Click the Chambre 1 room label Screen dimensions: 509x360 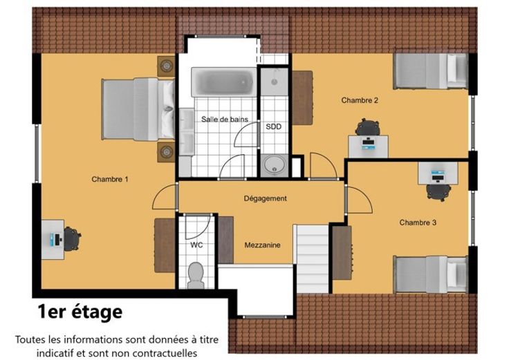click(110, 179)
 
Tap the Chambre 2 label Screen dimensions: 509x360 click(360, 100)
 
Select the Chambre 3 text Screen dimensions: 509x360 click(418, 222)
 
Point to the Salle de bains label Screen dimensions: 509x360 click(225, 119)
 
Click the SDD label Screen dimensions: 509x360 click(274, 126)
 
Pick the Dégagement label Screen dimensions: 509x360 click(265, 198)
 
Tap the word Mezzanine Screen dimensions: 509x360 click(262, 245)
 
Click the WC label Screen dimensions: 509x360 click(196, 245)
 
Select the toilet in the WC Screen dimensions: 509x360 click(196, 275)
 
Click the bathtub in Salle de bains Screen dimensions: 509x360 click(224, 82)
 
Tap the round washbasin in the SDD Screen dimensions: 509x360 click(275, 165)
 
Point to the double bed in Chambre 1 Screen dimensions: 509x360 click(138, 109)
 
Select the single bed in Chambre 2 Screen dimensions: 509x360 click(430, 71)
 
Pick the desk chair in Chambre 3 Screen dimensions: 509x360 click(438, 192)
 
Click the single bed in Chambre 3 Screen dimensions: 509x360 click(430, 274)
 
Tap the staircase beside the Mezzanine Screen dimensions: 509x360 click(313, 259)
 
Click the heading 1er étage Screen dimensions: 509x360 click(80, 312)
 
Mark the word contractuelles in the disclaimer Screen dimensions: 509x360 click(165, 353)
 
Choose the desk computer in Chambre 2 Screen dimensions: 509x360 click(368, 144)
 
